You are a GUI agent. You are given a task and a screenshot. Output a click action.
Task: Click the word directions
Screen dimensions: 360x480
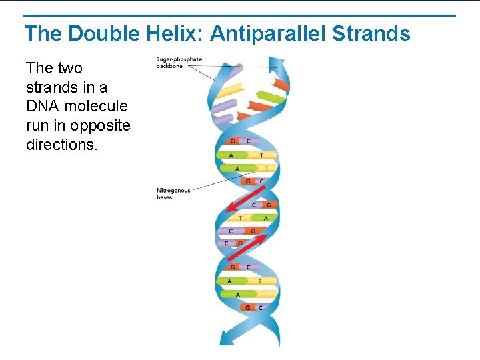tap(62, 145)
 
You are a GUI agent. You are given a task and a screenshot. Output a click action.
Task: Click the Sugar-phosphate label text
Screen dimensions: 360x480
tap(179, 59)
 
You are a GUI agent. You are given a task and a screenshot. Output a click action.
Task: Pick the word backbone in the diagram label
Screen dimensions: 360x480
tap(169, 66)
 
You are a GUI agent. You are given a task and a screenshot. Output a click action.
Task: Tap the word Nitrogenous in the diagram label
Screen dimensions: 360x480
tap(173, 191)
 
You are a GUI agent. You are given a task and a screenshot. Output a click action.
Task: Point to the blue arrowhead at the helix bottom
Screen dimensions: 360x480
tap(227, 339)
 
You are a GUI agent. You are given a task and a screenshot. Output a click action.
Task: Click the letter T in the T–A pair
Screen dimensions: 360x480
tap(241, 218)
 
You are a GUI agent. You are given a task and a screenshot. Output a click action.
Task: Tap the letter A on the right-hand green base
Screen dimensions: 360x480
tap(265, 218)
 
